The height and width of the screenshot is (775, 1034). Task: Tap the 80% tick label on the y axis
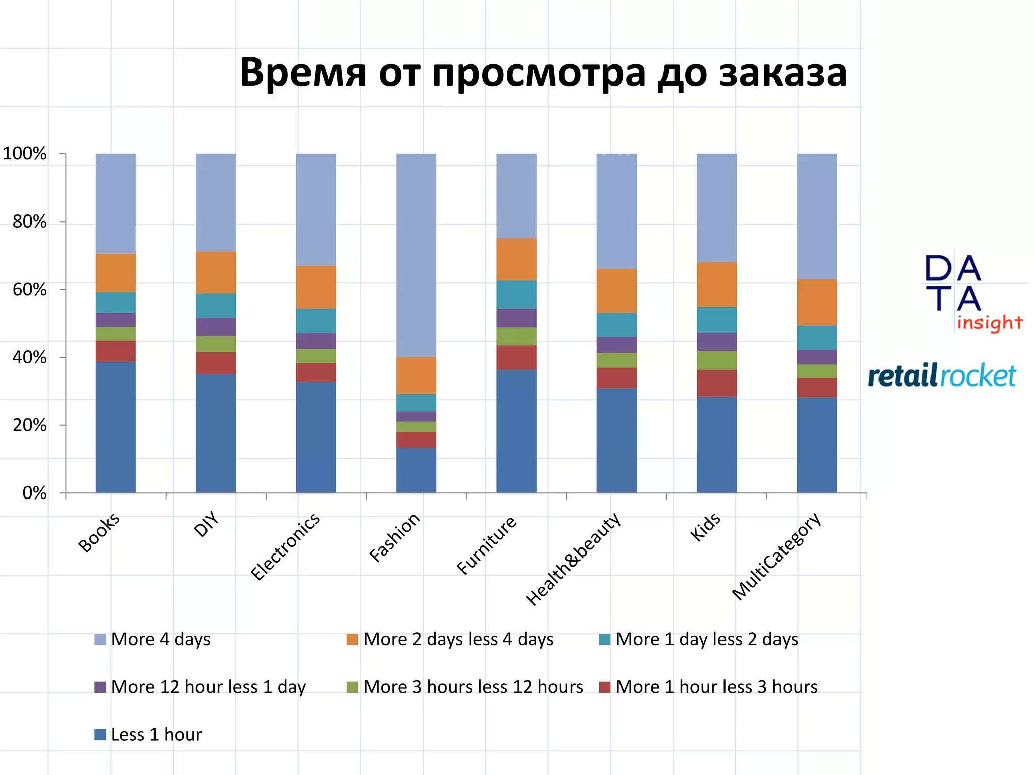(30, 222)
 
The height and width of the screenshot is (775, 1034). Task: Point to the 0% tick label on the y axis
(35, 493)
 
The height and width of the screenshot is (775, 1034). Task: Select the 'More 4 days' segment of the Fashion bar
(416, 255)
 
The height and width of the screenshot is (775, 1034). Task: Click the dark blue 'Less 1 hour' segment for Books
(116, 427)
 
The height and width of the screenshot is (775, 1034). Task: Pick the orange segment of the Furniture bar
(516, 259)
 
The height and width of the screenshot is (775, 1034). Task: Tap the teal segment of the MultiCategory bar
(816, 338)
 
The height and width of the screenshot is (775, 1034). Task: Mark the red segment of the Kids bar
(716, 383)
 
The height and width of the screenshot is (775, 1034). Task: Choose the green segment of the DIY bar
(216, 344)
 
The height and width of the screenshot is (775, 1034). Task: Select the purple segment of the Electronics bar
(316, 341)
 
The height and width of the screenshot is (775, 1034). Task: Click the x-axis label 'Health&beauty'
(574, 559)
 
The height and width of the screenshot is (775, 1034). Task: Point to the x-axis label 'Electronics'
(286, 546)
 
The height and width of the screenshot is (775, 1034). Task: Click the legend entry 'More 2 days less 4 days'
(458, 639)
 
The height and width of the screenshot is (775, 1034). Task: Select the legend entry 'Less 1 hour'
(156, 734)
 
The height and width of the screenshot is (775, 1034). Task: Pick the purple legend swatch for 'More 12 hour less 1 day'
(100, 687)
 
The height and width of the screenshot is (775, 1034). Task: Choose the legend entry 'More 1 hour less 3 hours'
(716, 687)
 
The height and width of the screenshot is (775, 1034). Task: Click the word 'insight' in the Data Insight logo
(990, 322)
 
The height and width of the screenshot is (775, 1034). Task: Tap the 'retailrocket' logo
(942, 376)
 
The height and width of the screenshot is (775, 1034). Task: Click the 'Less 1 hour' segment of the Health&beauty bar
(616, 440)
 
